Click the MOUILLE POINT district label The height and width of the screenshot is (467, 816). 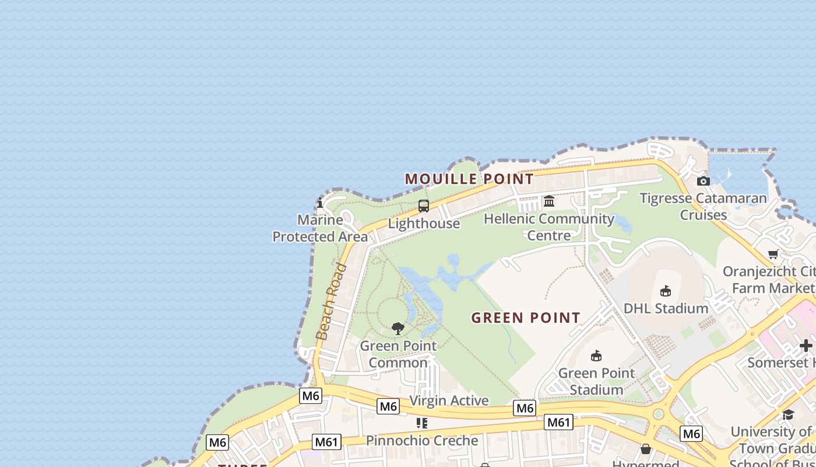tap(469, 179)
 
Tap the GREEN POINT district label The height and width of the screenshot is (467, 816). tap(526, 318)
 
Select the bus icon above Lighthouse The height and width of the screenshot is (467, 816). tap(424, 206)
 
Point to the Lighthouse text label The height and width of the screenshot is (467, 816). tap(424, 224)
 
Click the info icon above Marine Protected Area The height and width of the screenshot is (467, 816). tap(320, 203)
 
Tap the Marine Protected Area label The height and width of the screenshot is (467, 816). tap(320, 228)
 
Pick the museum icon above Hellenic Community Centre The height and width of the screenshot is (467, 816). tap(549, 201)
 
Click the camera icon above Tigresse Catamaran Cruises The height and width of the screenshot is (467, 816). tap(704, 181)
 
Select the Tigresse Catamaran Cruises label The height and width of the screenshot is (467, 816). tap(703, 207)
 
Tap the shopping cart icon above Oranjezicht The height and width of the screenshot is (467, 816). tap(773, 254)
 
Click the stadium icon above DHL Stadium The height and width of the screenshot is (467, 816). tap(666, 291)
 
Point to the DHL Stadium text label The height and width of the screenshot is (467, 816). tap(666, 308)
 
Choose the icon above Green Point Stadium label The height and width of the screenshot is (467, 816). tap(596, 356)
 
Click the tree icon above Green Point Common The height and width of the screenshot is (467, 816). tap(398, 328)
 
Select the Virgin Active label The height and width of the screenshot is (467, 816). tap(449, 400)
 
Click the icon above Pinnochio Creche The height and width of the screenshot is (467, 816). tap(422, 423)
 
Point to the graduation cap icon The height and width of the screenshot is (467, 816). tap(788, 414)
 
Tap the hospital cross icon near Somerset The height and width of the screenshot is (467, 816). tap(806, 345)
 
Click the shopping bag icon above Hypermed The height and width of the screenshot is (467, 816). tap(646, 449)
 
